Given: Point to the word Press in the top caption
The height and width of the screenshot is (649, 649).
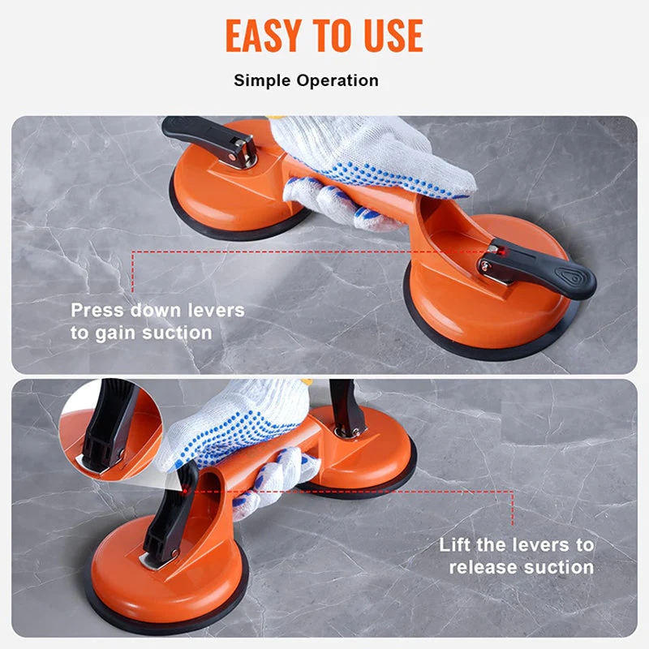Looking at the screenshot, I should click(x=97, y=310).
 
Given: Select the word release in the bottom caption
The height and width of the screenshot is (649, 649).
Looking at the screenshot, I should click(x=484, y=567).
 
